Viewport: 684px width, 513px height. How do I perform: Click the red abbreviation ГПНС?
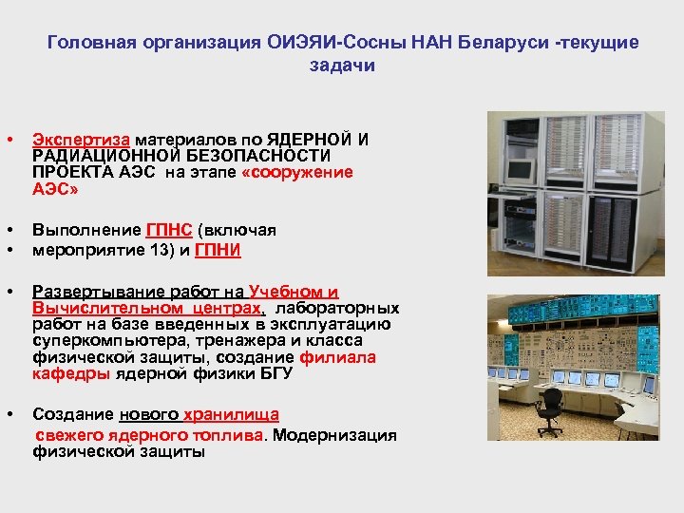[169, 231]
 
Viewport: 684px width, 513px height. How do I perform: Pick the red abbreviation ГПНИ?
[218, 250]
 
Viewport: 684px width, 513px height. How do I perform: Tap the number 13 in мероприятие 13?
[130, 250]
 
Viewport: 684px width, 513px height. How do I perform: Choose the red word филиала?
[338, 357]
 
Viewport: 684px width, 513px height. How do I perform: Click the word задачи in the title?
[342, 65]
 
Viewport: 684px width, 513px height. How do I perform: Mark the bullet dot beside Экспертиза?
[9, 140]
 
